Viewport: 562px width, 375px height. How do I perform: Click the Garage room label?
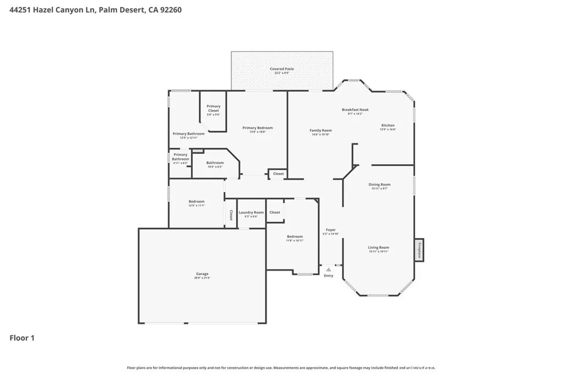pyautogui.click(x=202, y=274)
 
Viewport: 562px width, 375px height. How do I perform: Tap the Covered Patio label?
pyautogui.click(x=282, y=69)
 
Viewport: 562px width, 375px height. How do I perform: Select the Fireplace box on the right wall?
pyautogui.click(x=419, y=250)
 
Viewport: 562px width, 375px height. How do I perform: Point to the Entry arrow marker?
pyautogui.click(x=328, y=270)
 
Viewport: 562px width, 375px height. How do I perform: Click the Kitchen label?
pyautogui.click(x=388, y=126)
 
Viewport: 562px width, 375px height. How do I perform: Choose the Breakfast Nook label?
pyautogui.click(x=355, y=110)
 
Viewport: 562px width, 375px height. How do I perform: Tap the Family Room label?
pyautogui.click(x=322, y=131)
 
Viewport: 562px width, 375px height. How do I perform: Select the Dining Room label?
pyautogui.click(x=379, y=185)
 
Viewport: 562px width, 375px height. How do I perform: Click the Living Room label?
pyautogui.click(x=379, y=248)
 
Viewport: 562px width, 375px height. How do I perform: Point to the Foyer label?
pyautogui.click(x=330, y=230)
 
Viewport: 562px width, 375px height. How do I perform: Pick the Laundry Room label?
pyautogui.click(x=251, y=212)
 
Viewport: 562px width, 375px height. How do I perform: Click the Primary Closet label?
pyautogui.click(x=213, y=108)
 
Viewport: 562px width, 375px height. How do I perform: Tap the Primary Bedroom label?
pyautogui.click(x=257, y=128)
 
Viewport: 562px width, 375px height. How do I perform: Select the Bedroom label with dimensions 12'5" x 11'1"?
pyautogui.click(x=196, y=202)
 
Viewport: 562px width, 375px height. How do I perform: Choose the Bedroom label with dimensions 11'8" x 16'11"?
pyautogui.click(x=295, y=237)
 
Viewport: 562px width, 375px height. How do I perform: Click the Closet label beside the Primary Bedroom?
pyautogui.click(x=278, y=174)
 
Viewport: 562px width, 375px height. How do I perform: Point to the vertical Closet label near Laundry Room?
pyautogui.click(x=231, y=215)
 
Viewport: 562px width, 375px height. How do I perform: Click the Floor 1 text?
pyautogui.click(x=22, y=338)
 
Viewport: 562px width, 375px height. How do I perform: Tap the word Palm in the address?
pyautogui.click(x=109, y=10)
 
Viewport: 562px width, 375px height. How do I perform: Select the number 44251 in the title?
pyautogui.click(x=21, y=10)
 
